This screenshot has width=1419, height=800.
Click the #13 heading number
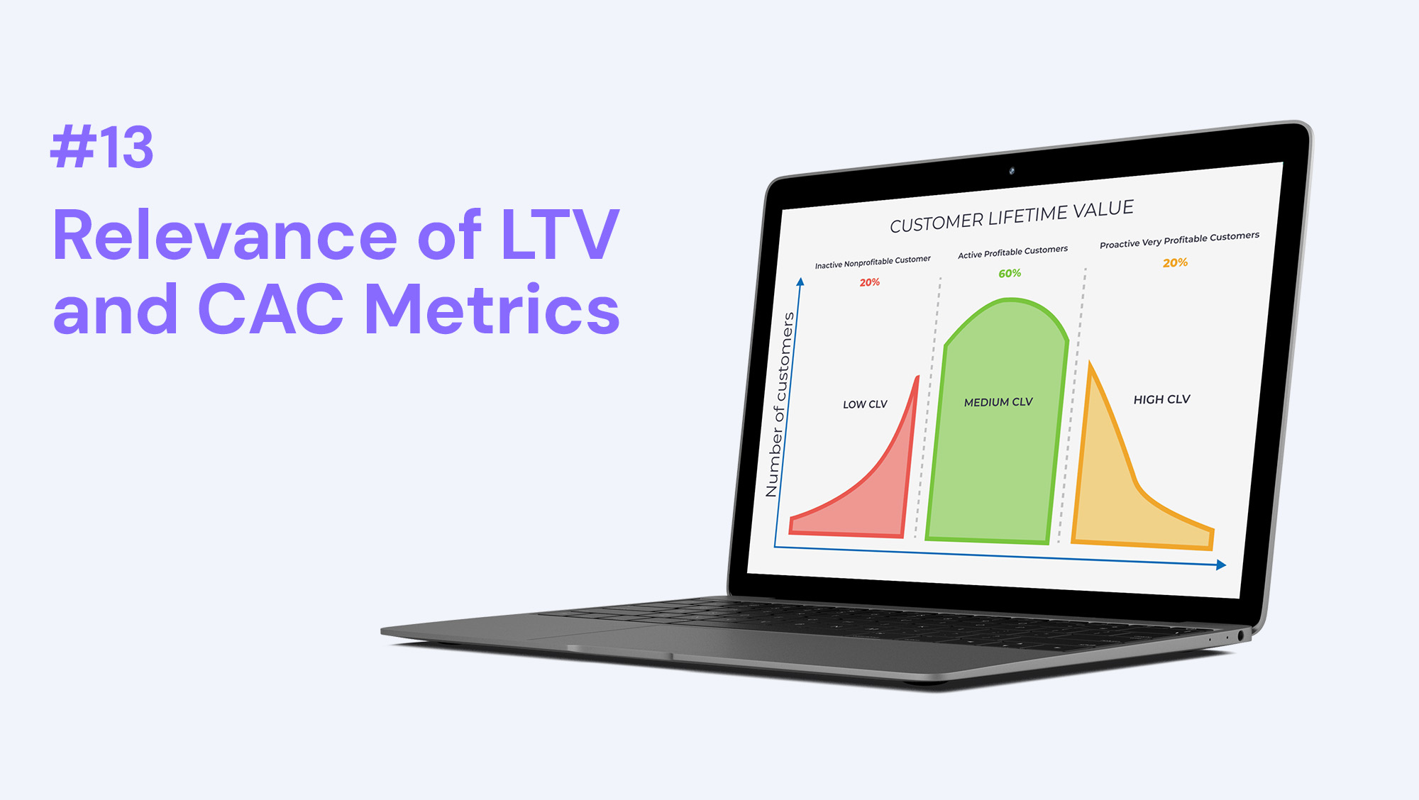102,148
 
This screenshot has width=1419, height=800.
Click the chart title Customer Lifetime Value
1012,216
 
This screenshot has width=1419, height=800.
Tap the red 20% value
870,282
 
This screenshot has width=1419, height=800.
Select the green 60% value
1010,273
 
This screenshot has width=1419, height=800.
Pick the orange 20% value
1175,263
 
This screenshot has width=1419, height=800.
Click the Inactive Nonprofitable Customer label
873,262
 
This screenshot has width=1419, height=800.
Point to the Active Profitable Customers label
1012,252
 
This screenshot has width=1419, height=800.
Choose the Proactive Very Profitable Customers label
1179,240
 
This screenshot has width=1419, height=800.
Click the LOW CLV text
865,404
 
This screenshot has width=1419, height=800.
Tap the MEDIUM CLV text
998,402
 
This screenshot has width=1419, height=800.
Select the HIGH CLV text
1161,399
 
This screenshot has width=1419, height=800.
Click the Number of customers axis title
779,404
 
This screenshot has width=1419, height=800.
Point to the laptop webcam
1012,171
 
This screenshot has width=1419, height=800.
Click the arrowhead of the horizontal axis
1221,565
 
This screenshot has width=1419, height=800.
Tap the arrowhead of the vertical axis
800,282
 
